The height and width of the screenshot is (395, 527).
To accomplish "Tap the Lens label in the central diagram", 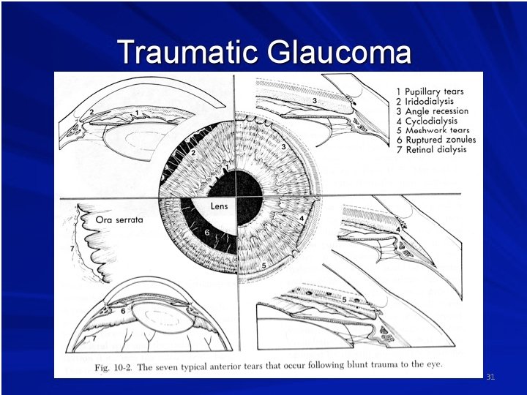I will tap(220, 206).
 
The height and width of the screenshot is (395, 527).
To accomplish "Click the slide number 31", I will tap(490, 377).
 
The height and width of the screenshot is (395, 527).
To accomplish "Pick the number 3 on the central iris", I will tap(284, 148).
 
